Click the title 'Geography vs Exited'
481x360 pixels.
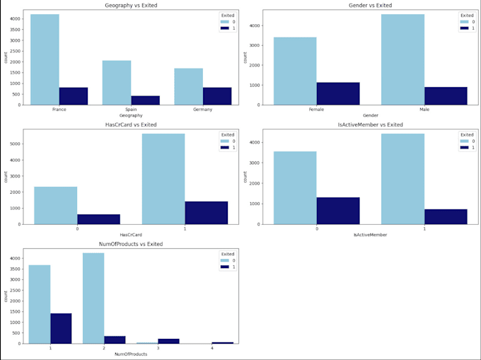click(x=131, y=5)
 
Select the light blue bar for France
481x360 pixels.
click(x=45, y=59)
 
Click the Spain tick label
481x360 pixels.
click(x=131, y=110)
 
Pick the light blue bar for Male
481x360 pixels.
click(x=402, y=59)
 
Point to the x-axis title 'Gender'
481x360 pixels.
click(x=371, y=115)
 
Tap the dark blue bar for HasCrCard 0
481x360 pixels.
click(x=98, y=219)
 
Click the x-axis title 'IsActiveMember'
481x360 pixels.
click(x=371, y=235)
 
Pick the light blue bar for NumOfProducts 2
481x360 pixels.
click(x=93, y=298)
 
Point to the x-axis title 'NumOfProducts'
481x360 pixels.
click(x=131, y=354)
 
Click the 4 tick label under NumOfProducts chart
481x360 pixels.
click(x=211, y=348)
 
